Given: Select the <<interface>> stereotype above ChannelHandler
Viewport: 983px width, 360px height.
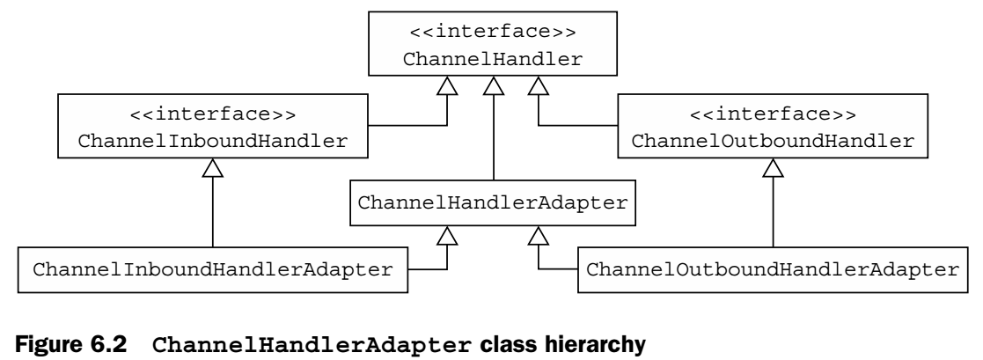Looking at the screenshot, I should tap(492, 34).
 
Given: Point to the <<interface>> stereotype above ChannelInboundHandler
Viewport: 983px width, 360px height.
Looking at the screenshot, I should tap(212, 114).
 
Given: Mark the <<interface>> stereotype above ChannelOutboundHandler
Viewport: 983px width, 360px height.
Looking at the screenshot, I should tap(773, 114).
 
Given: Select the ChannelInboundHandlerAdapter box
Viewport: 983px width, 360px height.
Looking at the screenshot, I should tap(212, 268).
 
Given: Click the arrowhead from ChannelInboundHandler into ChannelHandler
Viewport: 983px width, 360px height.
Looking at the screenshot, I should tap(449, 86).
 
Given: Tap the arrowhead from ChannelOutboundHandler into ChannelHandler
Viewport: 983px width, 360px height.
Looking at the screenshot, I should tap(537, 86).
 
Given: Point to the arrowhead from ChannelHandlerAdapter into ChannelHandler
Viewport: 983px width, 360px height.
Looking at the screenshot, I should tap(493, 86).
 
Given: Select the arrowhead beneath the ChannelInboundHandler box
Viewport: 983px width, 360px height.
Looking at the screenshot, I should tap(212, 167).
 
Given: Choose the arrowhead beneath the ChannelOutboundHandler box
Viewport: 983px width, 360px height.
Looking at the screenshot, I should tap(773, 167).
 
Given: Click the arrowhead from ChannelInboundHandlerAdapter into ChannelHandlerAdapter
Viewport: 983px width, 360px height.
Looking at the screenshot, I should tap(449, 235).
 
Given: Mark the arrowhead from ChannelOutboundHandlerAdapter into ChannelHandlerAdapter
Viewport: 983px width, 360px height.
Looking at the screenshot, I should tap(537, 235).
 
